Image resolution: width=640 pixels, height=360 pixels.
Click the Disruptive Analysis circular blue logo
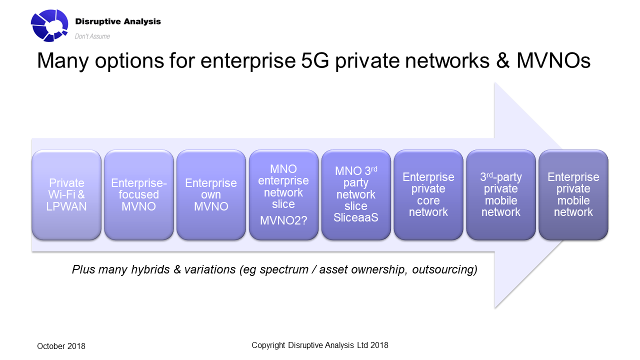point(49,25)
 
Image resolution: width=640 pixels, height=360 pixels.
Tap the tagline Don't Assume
point(92,36)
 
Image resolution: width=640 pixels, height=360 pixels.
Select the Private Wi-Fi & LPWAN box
point(66,195)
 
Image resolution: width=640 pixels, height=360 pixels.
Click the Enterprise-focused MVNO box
point(139,195)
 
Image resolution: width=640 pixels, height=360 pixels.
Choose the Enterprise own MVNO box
point(211,195)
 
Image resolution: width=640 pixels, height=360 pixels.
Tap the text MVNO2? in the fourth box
point(283,220)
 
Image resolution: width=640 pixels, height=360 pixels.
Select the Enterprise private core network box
point(428,195)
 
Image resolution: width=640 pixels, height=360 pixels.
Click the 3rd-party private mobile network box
point(500,195)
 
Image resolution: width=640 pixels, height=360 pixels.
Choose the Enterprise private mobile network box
point(573,195)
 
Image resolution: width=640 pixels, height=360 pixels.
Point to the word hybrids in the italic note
point(150,270)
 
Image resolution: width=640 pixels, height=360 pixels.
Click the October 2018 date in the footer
point(61,346)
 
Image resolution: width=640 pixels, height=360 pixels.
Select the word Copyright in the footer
point(268,345)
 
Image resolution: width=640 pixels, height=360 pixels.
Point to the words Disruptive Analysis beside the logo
point(117,21)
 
